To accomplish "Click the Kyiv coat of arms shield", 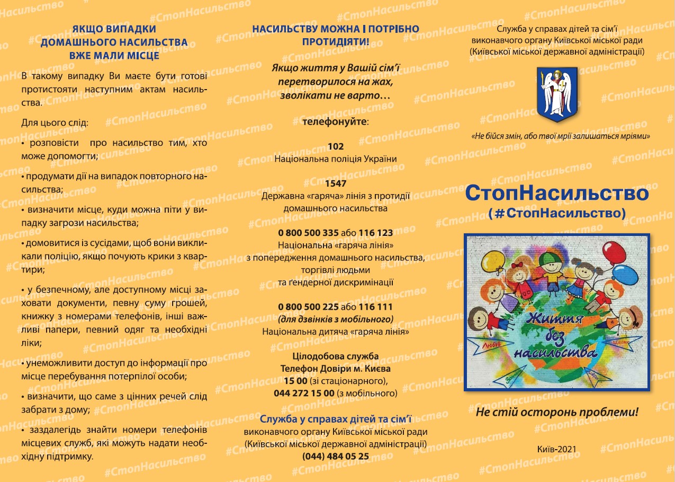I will click(x=556, y=94).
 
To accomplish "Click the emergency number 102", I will click(x=336, y=146).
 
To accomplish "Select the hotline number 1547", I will click(x=336, y=183).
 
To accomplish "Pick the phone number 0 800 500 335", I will click(x=308, y=233).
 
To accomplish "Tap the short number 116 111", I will click(x=376, y=307).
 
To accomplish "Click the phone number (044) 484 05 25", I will click(x=336, y=456).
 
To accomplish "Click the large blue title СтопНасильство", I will click(x=557, y=194).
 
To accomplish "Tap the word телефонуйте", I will click(x=335, y=121).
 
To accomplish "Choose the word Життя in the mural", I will click(x=554, y=320).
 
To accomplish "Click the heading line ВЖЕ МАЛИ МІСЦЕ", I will click(x=114, y=55).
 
